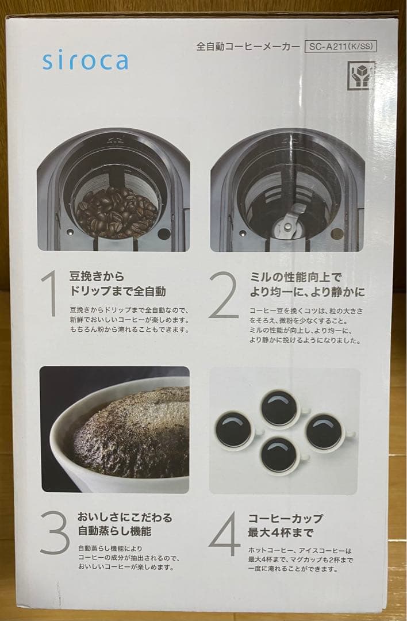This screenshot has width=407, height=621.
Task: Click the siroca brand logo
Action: click(x=85, y=61)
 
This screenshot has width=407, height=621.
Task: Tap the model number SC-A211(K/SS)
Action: click(x=340, y=47)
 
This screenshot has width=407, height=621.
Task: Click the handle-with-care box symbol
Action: click(x=360, y=75)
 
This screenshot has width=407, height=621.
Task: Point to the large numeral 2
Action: click(x=224, y=294)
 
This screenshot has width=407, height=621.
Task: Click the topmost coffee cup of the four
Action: click(x=282, y=408)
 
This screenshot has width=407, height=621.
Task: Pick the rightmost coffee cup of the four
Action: click(x=328, y=432)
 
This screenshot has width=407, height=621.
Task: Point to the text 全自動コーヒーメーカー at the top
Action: click(x=248, y=47)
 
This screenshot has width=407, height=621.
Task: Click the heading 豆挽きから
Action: click(x=97, y=276)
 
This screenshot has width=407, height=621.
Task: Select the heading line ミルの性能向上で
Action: click(x=295, y=277)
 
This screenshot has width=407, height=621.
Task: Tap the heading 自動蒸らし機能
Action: click(x=114, y=531)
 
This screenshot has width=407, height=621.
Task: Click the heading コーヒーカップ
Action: click(x=286, y=519)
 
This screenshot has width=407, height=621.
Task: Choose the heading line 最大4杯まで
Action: click(x=281, y=532)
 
